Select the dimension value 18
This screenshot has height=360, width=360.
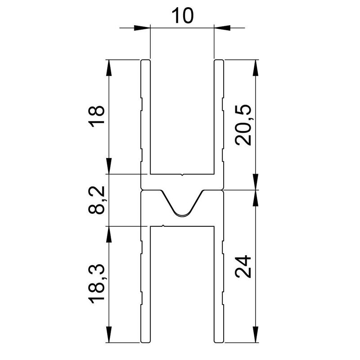pos(98,117)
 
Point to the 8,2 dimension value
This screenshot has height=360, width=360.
pos(98,200)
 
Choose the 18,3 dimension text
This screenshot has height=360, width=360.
pos(98,284)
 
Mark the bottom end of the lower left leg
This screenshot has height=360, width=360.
pos(145,341)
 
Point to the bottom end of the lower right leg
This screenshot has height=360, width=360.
pos(219,341)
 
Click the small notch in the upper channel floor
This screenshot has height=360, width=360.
pos(182,174)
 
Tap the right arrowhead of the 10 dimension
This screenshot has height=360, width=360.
pos(221,28)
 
